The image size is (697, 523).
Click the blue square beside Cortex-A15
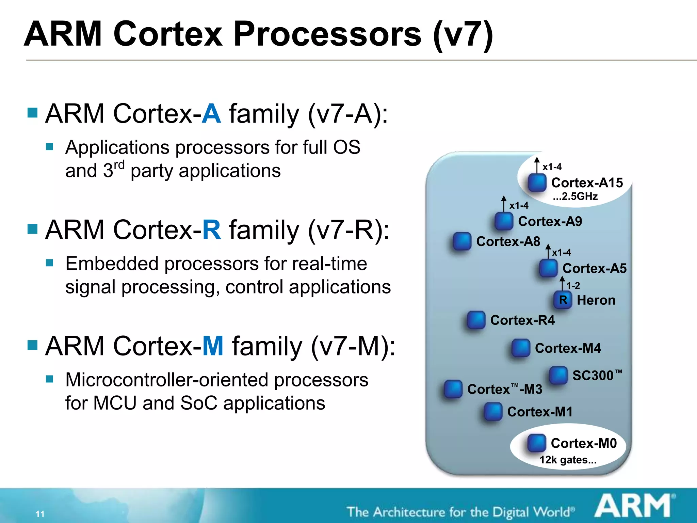coord(537,183)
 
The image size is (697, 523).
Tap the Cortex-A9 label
coord(550,221)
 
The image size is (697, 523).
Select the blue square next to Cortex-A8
coord(462,241)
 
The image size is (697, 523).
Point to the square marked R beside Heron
coord(563,300)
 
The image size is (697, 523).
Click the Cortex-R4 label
coord(522,320)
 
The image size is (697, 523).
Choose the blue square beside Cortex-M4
coord(521,348)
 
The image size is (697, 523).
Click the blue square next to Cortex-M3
coord(453,389)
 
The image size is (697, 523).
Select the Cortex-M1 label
coord(539,412)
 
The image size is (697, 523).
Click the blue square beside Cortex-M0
coord(536,443)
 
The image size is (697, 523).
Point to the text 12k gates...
coord(568,460)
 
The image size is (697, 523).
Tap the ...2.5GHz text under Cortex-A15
coord(575,196)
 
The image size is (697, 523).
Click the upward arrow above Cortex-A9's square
coord(504,204)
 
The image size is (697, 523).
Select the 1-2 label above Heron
coord(573,286)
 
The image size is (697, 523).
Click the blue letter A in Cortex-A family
coord(211,114)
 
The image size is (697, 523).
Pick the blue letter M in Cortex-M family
coord(213,346)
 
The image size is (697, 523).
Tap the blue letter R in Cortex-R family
coord(211,230)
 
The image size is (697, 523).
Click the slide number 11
coord(40,514)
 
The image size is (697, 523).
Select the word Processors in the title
coord(327,34)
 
